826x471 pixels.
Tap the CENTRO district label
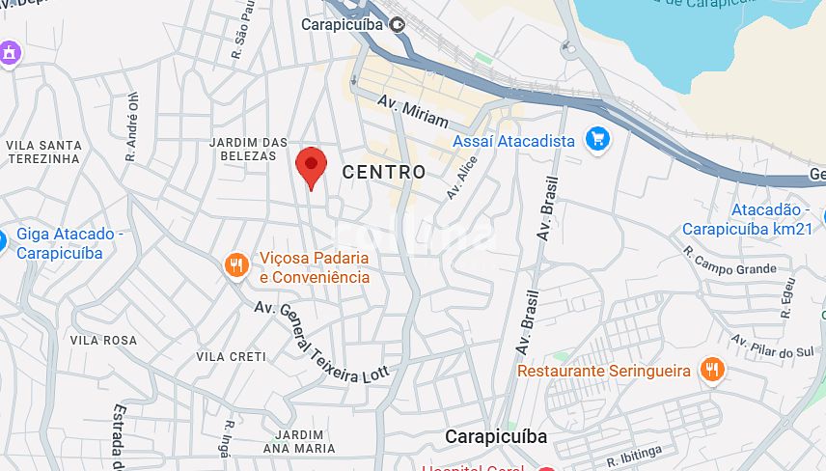pyautogui.click(x=383, y=172)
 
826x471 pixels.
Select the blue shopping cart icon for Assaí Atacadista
pyautogui.click(x=597, y=140)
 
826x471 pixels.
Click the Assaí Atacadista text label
pyautogui.click(x=513, y=141)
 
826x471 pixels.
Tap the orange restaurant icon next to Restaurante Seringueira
pyautogui.click(x=712, y=370)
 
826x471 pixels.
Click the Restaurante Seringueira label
pyautogui.click(x=604, y=371)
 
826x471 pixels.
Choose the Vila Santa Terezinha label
pyautogui.click(x=44, y=152)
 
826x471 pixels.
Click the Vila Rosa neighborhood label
pyautogui.click(x=103, y=341)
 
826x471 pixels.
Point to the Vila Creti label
pyautogui.click(x=231, y=356)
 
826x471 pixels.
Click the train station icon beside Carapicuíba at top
pyautogui.click(x=398, y=24)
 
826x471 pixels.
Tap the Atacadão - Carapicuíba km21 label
pyautogui.click(x=747, y=219)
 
